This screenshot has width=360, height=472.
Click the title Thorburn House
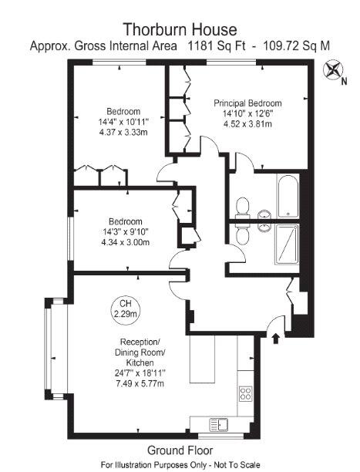(x=180, y=30)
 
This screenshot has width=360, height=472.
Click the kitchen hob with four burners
(x=247, y=393)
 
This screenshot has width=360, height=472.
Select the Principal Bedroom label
(x=247, y=103)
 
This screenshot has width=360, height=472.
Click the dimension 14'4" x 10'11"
(x=123, y=122)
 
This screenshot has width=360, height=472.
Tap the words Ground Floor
(x=180, y=450)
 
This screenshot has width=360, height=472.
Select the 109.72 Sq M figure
(x=297, y=46)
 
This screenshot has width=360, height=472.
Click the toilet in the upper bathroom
(x=242, y=205)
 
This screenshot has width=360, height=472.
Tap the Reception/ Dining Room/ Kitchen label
(x=140, y=352)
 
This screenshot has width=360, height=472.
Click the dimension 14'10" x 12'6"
(x=247, y=113)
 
